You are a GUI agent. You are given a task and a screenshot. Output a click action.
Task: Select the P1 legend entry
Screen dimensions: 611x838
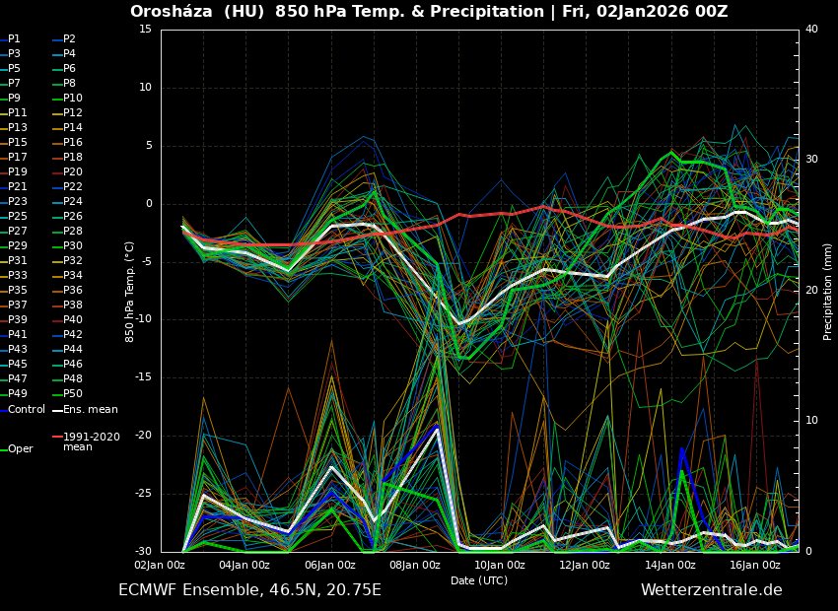click(x=14, y=39)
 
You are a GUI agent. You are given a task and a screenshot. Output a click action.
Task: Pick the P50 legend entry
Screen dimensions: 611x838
click(x=73, y=394)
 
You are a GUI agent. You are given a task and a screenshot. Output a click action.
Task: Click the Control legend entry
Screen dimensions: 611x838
click(x=26, y=409)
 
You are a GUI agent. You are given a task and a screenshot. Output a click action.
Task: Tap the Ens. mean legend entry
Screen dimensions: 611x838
click(x=90, y=409)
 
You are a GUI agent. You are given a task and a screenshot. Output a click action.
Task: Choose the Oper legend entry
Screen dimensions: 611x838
click(x=20, y=449)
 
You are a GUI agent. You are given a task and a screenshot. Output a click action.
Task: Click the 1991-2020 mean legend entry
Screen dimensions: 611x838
click(x=91, y=441)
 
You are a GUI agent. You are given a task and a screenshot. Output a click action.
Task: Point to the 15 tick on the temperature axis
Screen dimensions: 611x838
click(x=145, y=29)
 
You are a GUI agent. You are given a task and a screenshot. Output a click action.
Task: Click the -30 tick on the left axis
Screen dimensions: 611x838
click(x=143, y=552)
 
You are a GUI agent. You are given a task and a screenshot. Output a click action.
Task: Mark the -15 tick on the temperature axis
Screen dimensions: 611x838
click(x=143, y=377)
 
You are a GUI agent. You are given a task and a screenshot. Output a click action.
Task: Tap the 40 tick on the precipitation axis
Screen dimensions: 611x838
click(x=811, y=29)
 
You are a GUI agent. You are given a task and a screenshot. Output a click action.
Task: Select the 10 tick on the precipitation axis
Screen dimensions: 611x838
click(x=811, y=421)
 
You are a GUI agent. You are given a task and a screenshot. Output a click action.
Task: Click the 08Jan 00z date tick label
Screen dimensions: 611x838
click(x=415, y=566)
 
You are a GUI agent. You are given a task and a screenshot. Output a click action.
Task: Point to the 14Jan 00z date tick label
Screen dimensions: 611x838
click(x=670, y=566)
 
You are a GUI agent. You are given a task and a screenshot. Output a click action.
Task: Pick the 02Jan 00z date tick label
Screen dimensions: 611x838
click(x=160, y=566)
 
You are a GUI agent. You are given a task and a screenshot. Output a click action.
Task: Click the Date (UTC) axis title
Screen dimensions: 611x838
click(x=479, y=581)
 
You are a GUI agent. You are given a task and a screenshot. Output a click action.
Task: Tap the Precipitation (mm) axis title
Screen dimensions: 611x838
click(x=828, y=291)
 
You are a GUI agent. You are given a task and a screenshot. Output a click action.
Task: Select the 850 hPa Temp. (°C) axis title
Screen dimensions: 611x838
click(x=129, y=291)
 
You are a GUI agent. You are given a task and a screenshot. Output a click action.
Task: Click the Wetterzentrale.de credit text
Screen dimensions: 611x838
click(x=711, y=590)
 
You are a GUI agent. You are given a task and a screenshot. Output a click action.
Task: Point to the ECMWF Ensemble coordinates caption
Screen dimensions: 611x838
click(x=249, y=590)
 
